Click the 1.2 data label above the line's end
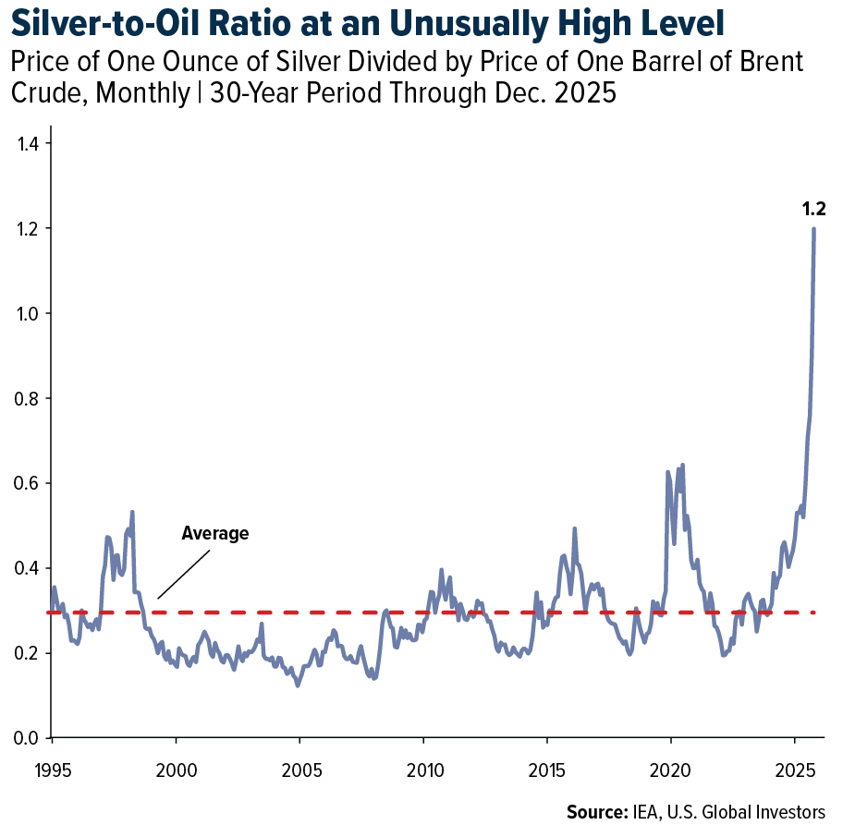point(813,209)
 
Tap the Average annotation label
point(215,533)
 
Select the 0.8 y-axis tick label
point(27,398)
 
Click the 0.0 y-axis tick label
point(27,738)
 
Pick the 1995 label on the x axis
point(53,770)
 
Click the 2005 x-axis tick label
point(301,770)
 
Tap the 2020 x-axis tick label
point(670,770)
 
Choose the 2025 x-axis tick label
point(796,770)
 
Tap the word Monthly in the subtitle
point(143,93)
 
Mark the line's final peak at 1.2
point(814,228)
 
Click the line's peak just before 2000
point(132,512)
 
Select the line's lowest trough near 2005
point(298,685)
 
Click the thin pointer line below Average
point(183,575)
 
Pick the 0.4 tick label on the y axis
point(27,568)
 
